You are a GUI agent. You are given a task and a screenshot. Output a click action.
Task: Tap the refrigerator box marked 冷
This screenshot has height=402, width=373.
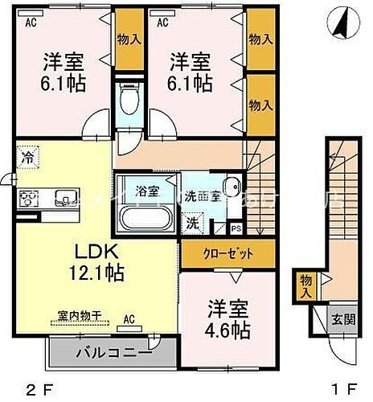(28, 157)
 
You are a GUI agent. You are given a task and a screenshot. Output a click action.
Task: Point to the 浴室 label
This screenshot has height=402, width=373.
(146, 191)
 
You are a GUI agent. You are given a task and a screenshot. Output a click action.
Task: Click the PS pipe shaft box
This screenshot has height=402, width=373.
(236, 228)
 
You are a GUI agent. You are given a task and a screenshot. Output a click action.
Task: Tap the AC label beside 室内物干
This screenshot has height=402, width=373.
(128, 318)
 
